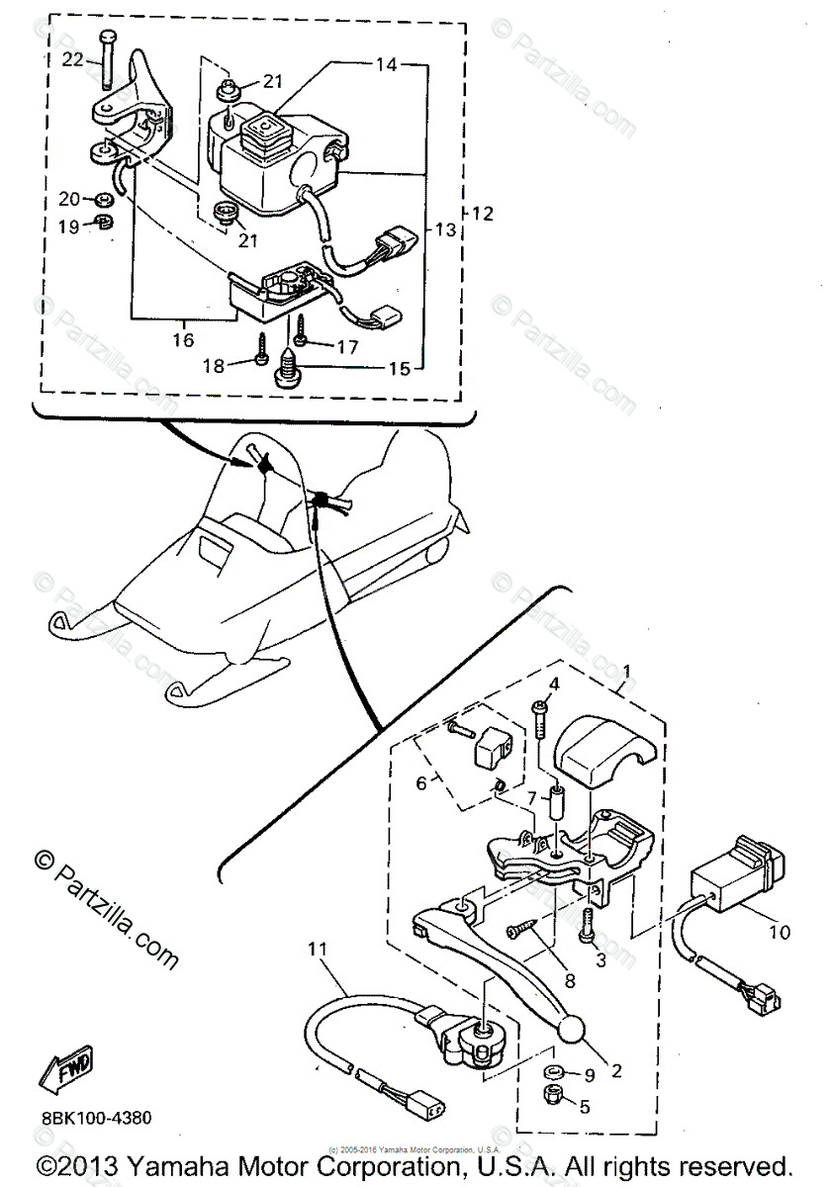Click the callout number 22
pyautogui.click(x=74, y=59)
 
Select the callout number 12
pyautogui.click(x=484, y=213)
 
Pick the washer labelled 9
pyautogui.click(x=552, y=1072)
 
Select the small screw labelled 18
pyautogui.click(x=262, y=348)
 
